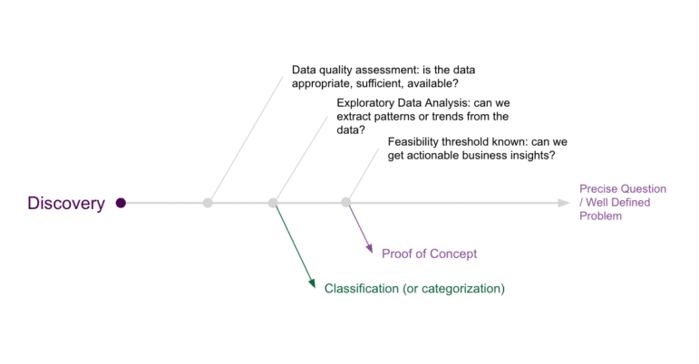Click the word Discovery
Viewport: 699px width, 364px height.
pyautogui.click(x=66, y=204)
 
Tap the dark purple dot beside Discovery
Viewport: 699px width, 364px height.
pyautogui.click(x=121, y=203)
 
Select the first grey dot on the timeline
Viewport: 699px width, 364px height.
pyautogui.click(x=208, y=203)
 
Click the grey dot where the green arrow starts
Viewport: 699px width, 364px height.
pyautogui.click(x=273, y=203)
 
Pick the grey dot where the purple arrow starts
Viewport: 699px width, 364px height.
pyautogui.click(x=346, y=203)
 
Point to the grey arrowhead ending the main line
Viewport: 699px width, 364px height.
pyautogui.click(x=564, y=203)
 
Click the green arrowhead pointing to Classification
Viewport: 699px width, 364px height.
pyautogui.click(x=312, y=283)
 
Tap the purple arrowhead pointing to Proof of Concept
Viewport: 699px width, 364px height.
pyautogui.click(x=369, y=248)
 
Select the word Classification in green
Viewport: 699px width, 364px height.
pyautogui.click(x=362, y=289)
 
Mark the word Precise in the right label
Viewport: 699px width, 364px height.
pyautogui.click(x=598, y=188)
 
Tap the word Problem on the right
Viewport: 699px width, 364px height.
pyautogui.click(x=600, y=216)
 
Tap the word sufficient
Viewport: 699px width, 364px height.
pyautogui.click(x=383, y=83)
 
